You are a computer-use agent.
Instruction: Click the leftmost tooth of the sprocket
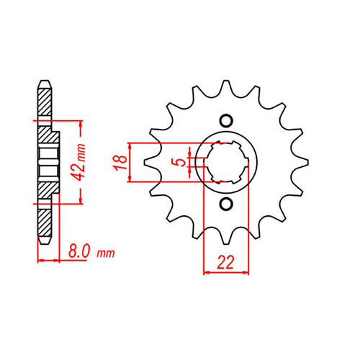(151, 162)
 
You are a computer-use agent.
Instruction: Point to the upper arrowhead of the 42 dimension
(81, 124)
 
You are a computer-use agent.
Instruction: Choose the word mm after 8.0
(106, 253)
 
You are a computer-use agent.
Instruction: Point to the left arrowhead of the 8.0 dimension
(41, 260)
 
